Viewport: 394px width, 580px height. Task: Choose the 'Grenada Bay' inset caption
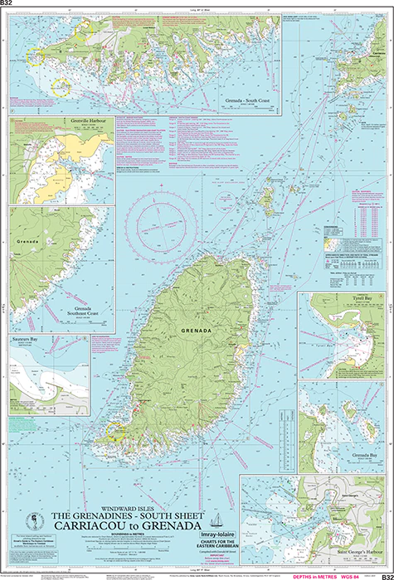[353, 456]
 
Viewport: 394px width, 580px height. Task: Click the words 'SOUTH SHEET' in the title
[172, 515]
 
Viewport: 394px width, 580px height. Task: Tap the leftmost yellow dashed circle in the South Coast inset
[34, 56]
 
